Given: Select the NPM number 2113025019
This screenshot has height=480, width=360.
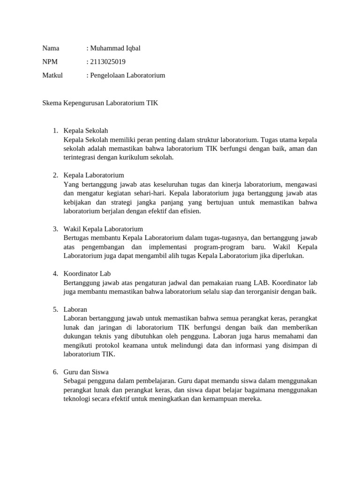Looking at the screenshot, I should [108, 62].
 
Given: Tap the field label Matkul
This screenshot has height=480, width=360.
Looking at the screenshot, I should [52, 75].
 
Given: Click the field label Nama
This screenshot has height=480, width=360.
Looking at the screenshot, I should [51, 48].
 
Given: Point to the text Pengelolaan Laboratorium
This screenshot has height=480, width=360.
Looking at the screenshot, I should [128, 75].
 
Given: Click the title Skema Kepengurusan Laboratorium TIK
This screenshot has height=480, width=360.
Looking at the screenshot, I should [100, 103].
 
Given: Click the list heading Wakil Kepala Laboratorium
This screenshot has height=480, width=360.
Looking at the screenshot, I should [103, 229].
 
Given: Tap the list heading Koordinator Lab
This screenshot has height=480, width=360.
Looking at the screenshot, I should [87, 273].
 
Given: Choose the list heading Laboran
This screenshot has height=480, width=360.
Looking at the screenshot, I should [75, 309].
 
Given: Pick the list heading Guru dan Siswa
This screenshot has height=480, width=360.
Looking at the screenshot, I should [86, 372].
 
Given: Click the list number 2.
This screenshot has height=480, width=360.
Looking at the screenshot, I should [55, 175].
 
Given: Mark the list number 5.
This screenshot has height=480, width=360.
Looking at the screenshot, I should [55, 309].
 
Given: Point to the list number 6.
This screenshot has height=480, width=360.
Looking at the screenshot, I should [55, 372].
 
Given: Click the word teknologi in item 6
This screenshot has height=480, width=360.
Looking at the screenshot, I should [78, 399].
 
